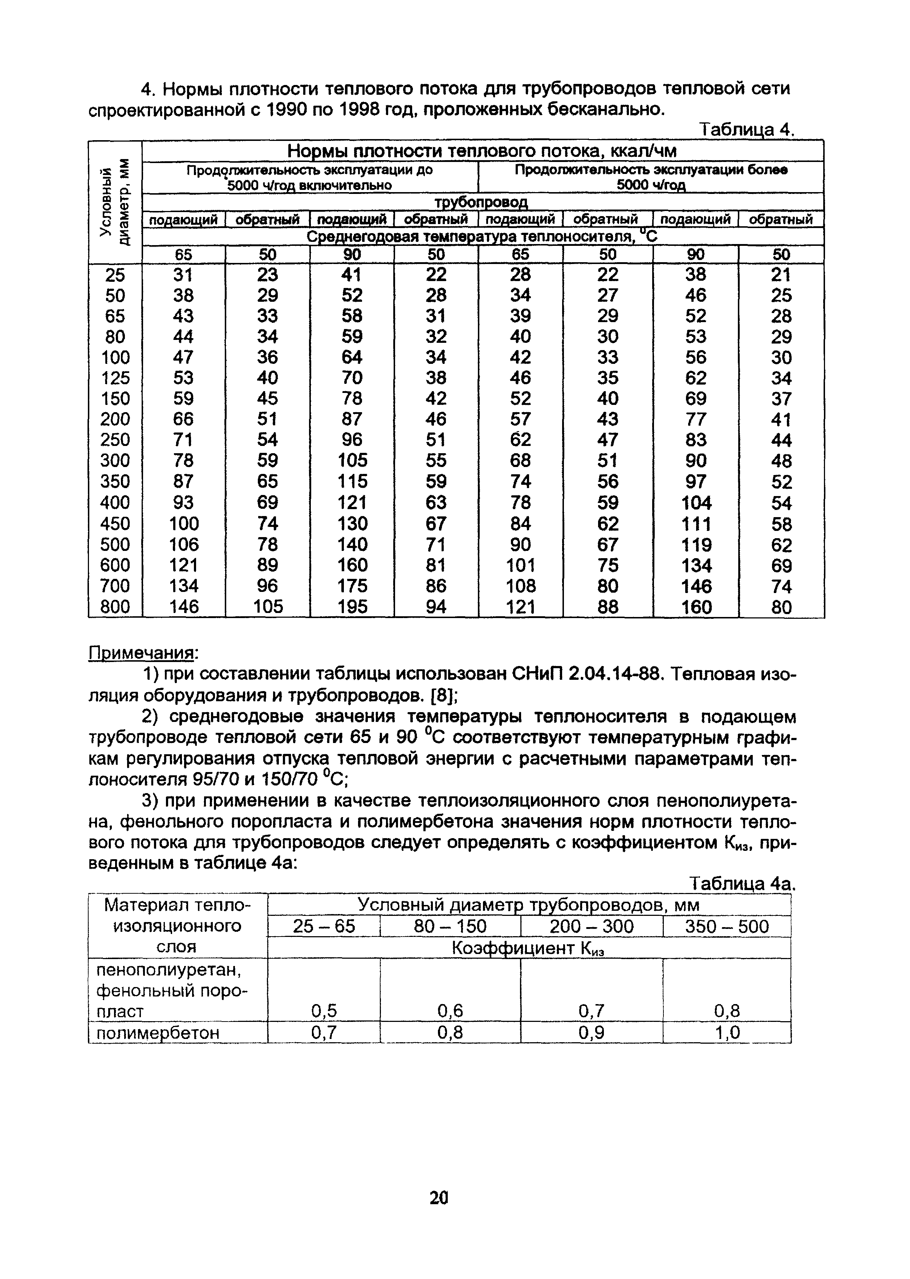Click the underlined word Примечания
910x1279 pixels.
point(143,653)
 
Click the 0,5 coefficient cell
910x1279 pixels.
point(324,1011)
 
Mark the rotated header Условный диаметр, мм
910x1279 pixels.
point(115,202)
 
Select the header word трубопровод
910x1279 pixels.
point(482,202)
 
